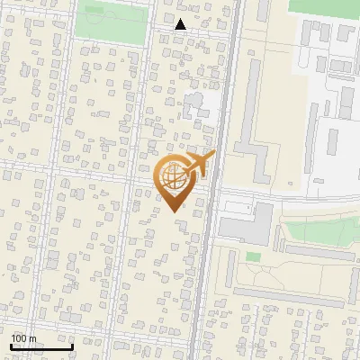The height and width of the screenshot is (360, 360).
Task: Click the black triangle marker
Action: point(181,24)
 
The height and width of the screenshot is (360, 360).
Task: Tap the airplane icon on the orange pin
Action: point(200,165)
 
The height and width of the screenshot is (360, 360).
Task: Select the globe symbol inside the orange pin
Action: point(173,177)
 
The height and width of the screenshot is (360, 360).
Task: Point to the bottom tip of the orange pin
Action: point(174,211)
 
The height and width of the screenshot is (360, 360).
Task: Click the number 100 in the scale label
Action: point(21,338)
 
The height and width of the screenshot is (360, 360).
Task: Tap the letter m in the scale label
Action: point(32,338)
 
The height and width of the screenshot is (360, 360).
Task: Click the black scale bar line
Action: point(41,346)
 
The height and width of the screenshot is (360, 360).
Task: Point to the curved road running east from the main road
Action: point(288,193)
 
